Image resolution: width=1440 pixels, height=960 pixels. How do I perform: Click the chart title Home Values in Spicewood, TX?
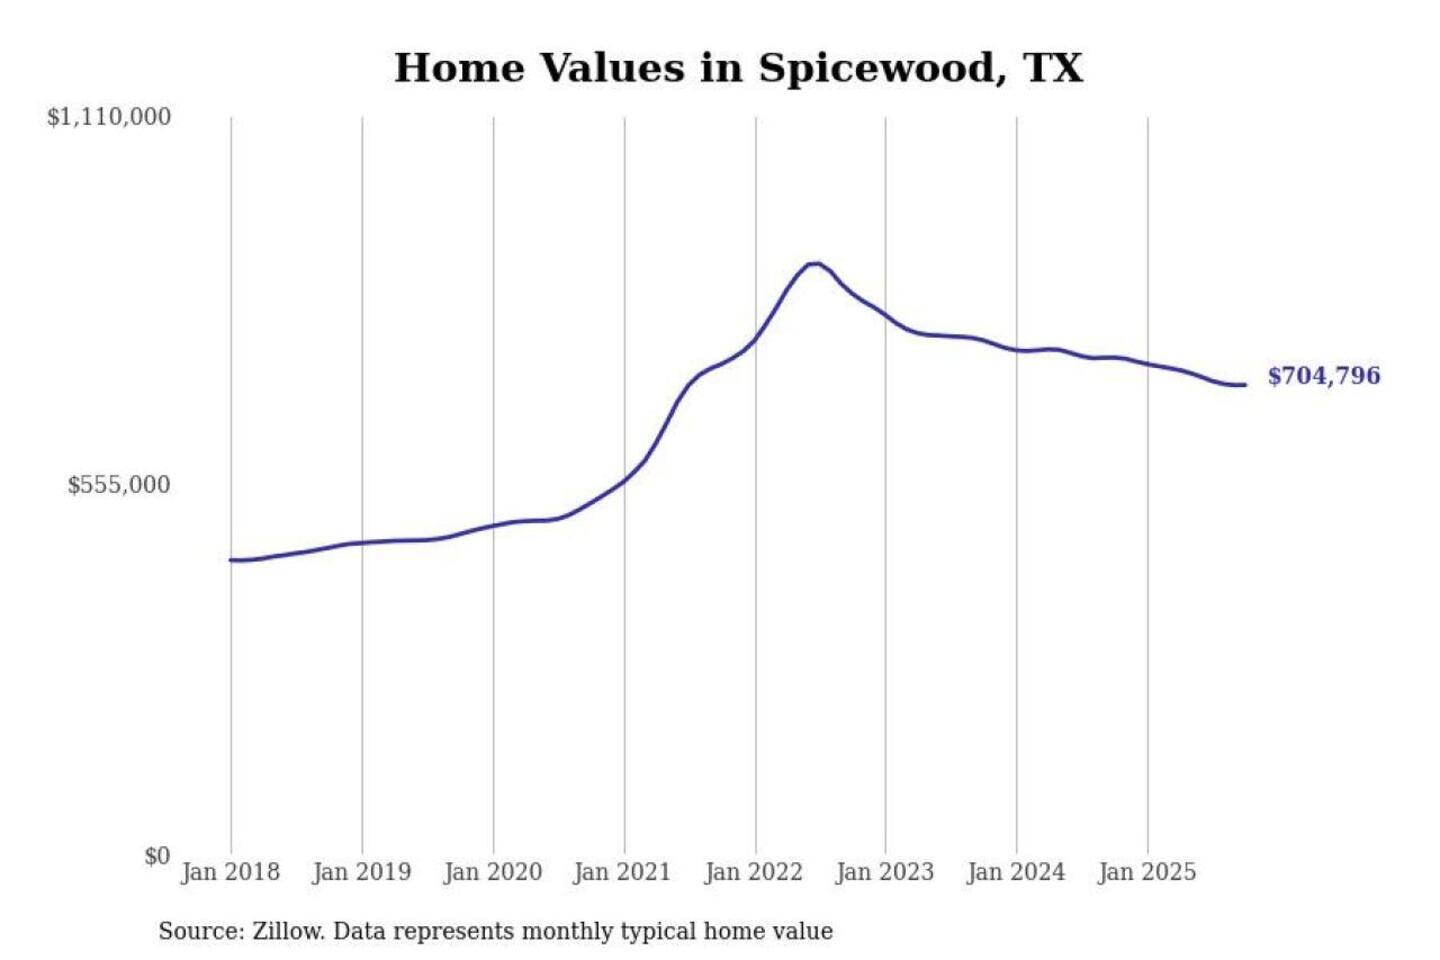point(738,68)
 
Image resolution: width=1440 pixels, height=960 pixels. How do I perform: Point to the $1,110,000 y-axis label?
point(109,117)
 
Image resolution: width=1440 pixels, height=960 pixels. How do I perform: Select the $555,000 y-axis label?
point(119,485)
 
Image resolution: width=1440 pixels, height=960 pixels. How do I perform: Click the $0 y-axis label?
point(157,856)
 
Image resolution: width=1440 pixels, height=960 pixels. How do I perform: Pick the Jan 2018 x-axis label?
point(230,872)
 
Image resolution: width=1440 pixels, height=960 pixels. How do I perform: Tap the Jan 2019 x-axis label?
point(361,872)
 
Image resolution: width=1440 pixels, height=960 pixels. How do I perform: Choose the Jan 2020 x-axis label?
point(492,872)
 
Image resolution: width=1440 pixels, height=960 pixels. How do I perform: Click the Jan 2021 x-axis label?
point(622,872)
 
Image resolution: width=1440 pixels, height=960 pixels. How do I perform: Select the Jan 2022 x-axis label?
point(754,872)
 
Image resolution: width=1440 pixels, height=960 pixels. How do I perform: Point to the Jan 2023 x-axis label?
point(884,872)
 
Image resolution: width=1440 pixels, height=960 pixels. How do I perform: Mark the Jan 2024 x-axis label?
point(1016,872)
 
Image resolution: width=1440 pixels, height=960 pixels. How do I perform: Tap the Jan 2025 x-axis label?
point(1147,872)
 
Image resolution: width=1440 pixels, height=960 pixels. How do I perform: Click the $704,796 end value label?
point(1324,376)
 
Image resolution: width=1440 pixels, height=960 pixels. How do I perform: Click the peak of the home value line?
point(816,263)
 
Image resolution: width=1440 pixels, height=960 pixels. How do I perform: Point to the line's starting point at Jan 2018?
point(231,560)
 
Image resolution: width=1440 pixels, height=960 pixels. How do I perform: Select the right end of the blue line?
point(1245,385)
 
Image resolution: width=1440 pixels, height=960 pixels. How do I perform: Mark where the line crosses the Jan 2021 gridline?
point(625,480)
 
